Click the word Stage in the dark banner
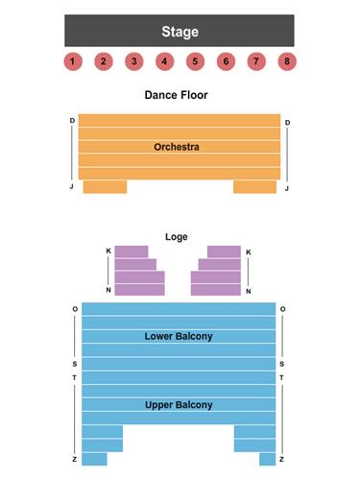(180, 32)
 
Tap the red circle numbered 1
(72, 61)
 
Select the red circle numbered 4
(164, 61)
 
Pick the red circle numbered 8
(287, 61)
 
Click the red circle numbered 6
(226, 61)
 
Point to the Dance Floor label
(176, 95)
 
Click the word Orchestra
(177, 147)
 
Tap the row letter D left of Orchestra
(71, 121)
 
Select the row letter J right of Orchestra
(287, 188)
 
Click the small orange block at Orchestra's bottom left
(105, 187)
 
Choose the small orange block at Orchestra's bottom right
(254, 187)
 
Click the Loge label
(177, 236)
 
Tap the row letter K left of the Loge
(108, 252)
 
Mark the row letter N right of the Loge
(249, 291)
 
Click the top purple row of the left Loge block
(132, 252)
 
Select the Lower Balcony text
(179, 336)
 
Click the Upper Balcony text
(179, 404)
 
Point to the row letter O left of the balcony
(75, 309)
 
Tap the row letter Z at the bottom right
(282, 460)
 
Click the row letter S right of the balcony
(282, 365)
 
